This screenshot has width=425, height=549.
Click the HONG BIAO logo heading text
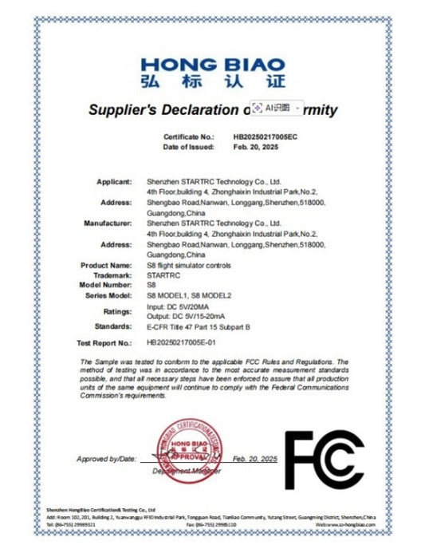pyautogui.click(x=212, y=64)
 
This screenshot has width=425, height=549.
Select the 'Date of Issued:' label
pyautogui.click(x=188, y=147)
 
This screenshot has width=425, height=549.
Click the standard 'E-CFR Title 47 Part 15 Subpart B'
pyautogui.click(x=199, y=327)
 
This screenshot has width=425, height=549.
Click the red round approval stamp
pyautogui.click(x=191, y=448)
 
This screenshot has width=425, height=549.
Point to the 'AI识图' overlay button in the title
pyautogui.click(x=273, y=106)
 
